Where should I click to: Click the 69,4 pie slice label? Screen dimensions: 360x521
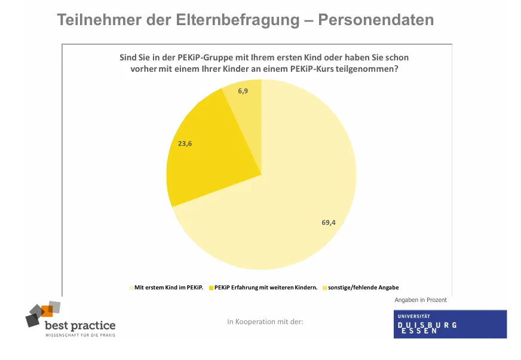point(328,222)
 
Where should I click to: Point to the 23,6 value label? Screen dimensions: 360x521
point(186,144)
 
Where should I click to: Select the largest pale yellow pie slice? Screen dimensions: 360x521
point(281,203)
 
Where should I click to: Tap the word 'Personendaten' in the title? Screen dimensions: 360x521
point(376,20)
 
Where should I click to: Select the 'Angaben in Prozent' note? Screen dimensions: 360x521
point(421,300)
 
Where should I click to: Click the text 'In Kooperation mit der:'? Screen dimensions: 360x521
point(265,322)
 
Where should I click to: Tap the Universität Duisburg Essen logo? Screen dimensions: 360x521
point(449,324)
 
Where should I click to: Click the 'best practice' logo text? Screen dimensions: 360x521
point(80,325)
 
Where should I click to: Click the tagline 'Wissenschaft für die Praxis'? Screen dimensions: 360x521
point(80,335)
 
